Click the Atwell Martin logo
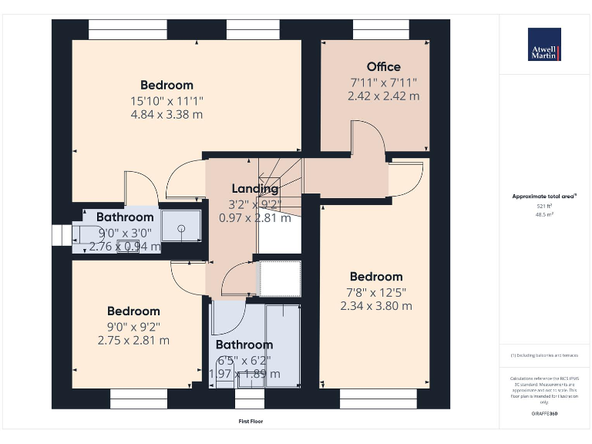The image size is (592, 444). [x=544, y=45]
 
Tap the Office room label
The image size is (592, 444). [x=383, y=66]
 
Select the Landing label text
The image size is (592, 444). [x=255, y=189]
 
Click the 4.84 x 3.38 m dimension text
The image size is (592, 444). [x=166, y=115]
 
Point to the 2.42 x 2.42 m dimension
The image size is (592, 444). [x=383, y=96]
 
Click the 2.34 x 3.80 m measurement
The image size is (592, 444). [x=376, y=306]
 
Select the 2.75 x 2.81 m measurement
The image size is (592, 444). [x=133, y=340]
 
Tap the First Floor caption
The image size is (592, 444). [x=251, y=422]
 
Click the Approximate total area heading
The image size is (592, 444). [x=544, y=197]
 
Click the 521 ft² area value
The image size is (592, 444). [x=544, y=206]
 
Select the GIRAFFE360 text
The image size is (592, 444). [x=544, y=415]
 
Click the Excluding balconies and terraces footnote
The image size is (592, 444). [x=544, y=355]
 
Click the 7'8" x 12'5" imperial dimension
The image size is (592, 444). [x=376, y=291]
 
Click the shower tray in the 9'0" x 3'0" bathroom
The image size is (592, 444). [x=181, y=228]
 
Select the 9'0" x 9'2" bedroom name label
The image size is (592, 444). [x=133, y=311]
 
